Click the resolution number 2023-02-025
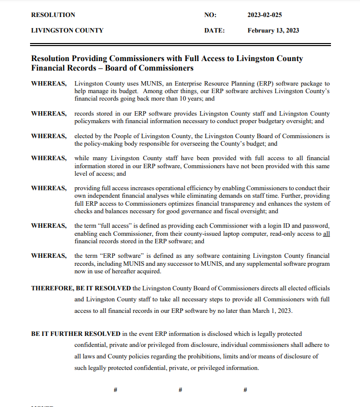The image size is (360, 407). [x=268, y=15]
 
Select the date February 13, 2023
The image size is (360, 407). [x=273, y=31]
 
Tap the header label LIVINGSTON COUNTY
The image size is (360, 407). [x=67, y=31]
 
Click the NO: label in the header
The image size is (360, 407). [x=210, y=15]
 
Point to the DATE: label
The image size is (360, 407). [x=214, y=31]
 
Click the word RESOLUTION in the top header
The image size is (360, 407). [x=53, y=15]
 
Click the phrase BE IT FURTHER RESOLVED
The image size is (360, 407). [x=76, y=334]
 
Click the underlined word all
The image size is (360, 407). [x=326, y=234]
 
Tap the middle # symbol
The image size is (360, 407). [x=180, y=389]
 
